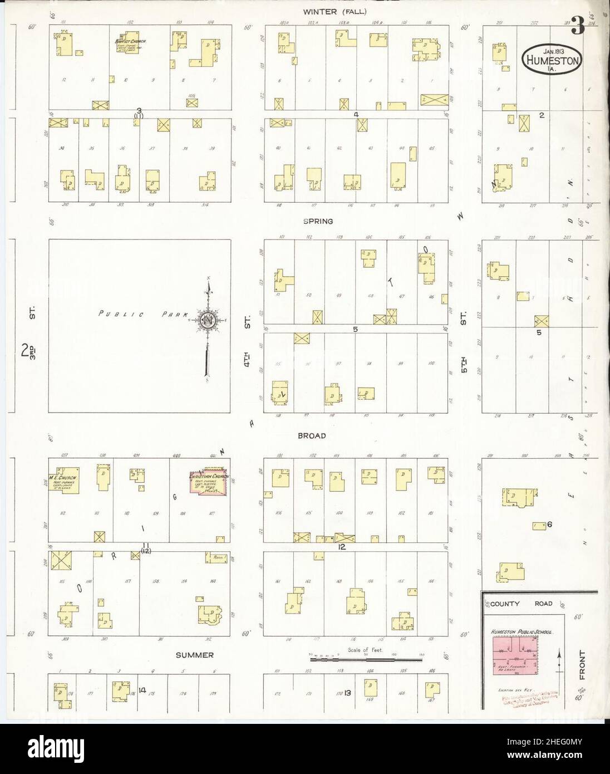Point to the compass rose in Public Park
click(x=208, y=321)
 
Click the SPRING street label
click(x=318, y=221)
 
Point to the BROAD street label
click(x=314, y=436)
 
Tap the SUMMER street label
click(x=195, y=655)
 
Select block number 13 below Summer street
click(x=347, y=693)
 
